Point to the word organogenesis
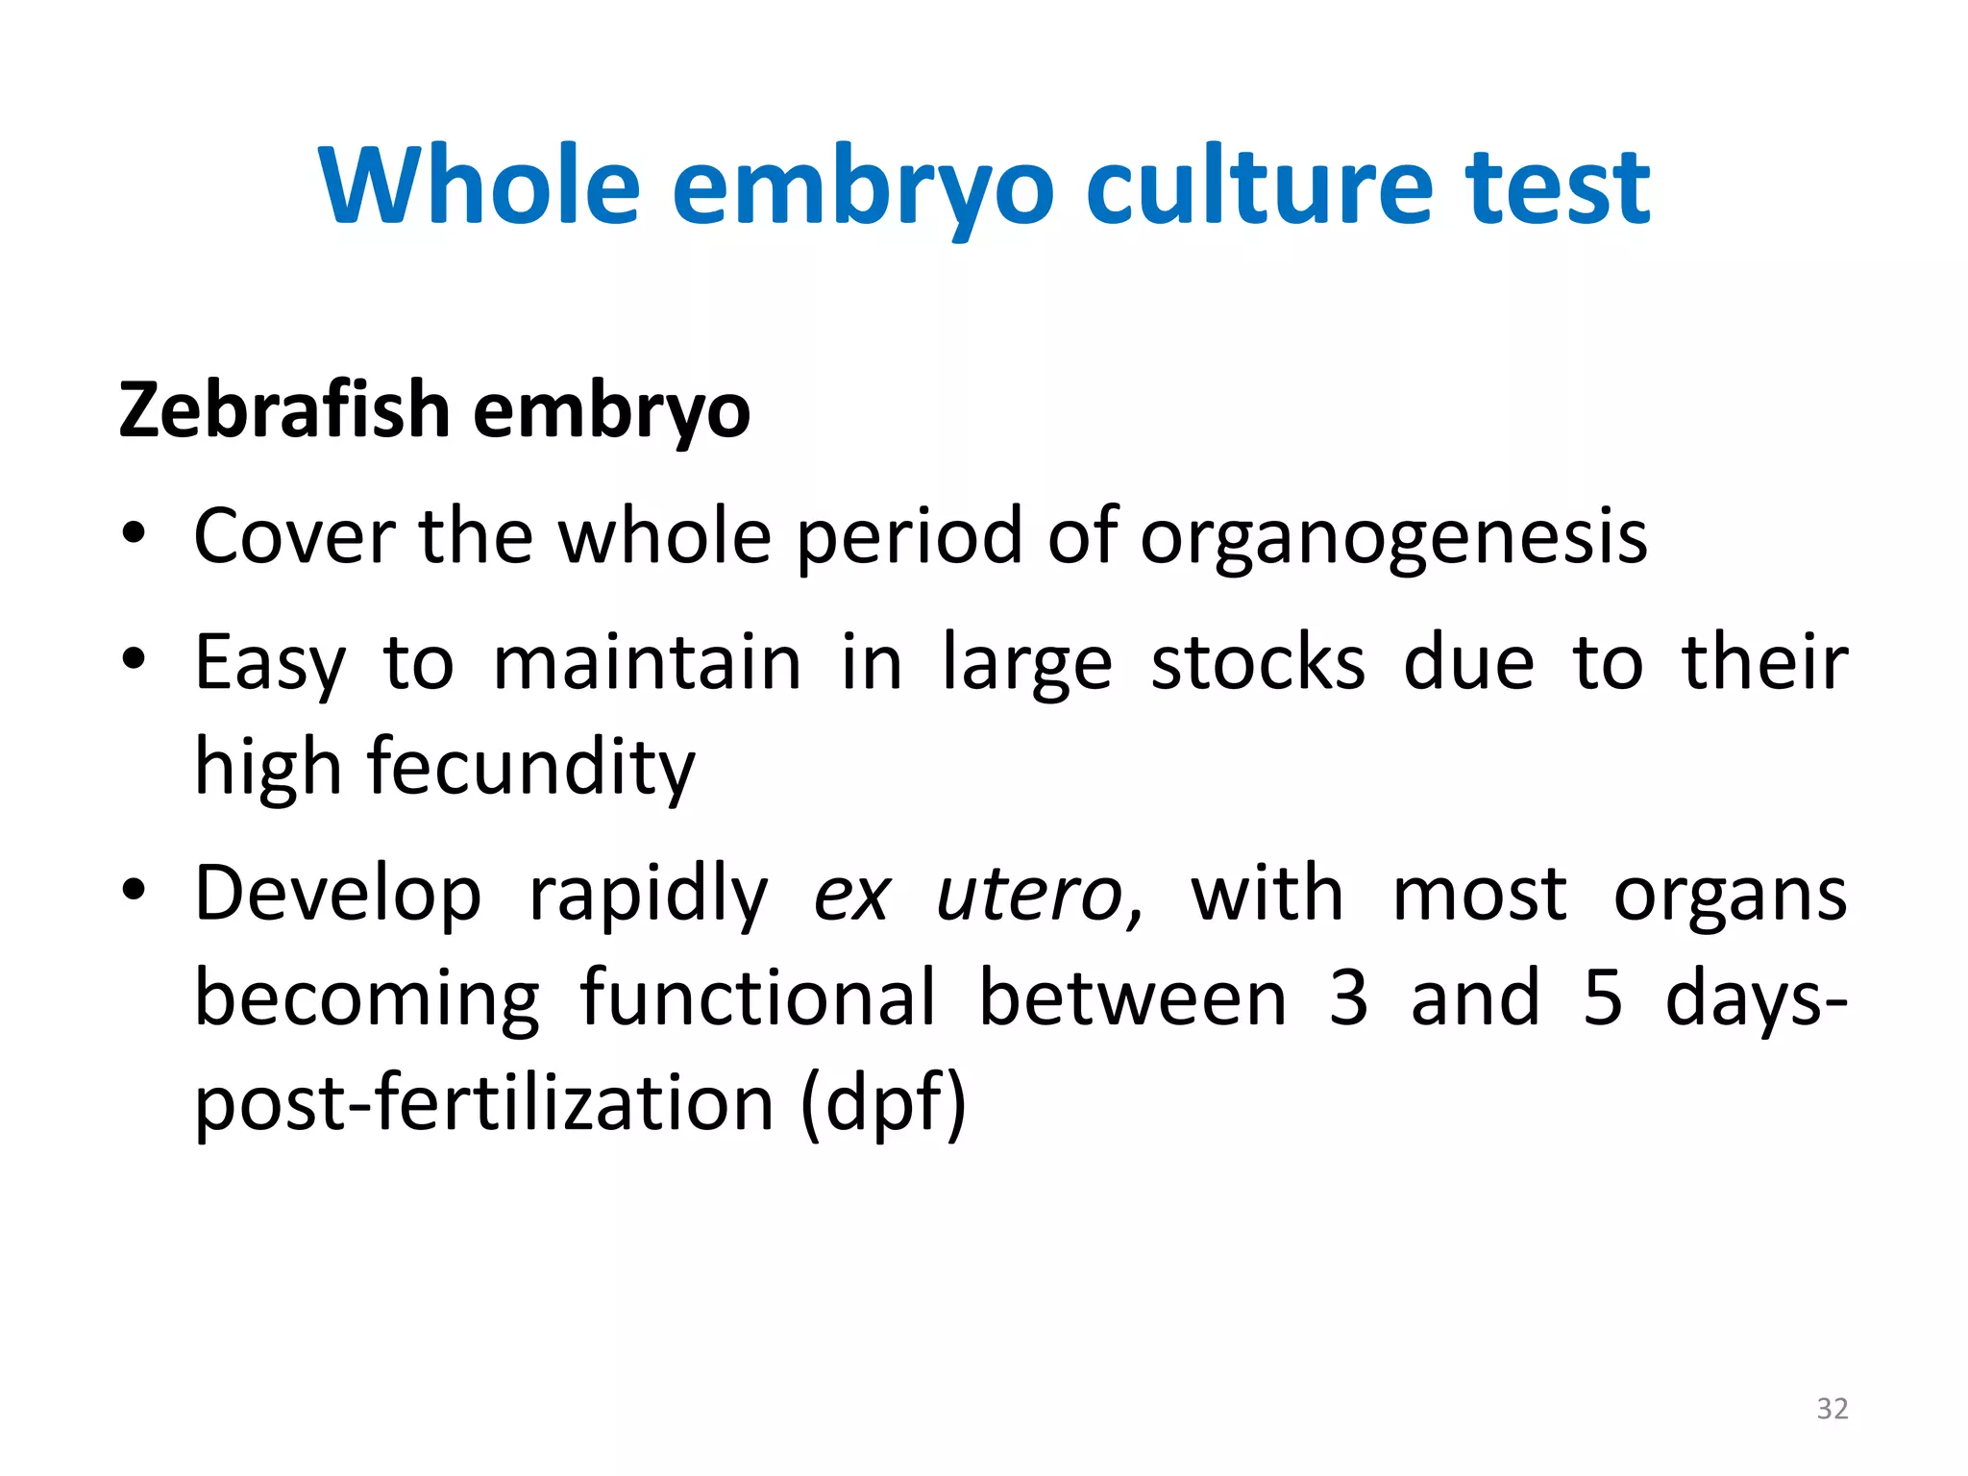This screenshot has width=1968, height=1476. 1393,538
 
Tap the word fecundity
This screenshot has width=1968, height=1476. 530,769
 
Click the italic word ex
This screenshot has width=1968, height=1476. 851,896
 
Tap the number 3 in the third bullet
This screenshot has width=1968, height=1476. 1349,999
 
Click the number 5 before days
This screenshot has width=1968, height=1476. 1603,999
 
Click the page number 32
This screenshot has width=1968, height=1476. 1832,1409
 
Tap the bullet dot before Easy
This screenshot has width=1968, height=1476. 134,659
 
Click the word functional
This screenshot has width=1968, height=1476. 758,999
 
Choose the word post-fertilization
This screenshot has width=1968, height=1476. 484,1105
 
